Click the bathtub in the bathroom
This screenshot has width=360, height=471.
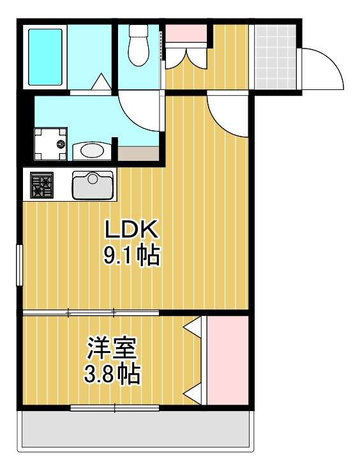point(45,57)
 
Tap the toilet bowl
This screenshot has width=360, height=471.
point(139,45)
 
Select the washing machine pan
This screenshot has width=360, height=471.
point(50,144)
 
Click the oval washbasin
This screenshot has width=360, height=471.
point(92,151)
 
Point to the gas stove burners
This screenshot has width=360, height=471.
point(41,184)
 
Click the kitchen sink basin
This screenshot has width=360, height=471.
point(93,185)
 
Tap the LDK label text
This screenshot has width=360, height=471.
point(131,230)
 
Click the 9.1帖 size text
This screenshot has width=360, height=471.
point(131,256)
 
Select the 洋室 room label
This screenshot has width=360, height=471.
point(112,348)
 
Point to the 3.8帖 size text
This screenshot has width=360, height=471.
point(112,374)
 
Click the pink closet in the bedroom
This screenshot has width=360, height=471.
point(227,360)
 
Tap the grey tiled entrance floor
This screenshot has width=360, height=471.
point(275,57)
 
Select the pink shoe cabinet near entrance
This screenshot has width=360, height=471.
point(186,34)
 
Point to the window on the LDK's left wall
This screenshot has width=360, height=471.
point(19,265)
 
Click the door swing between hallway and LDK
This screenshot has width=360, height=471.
point(227,116)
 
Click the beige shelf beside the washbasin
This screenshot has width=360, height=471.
point(139,154)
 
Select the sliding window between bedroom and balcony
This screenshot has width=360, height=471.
point(114,408)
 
